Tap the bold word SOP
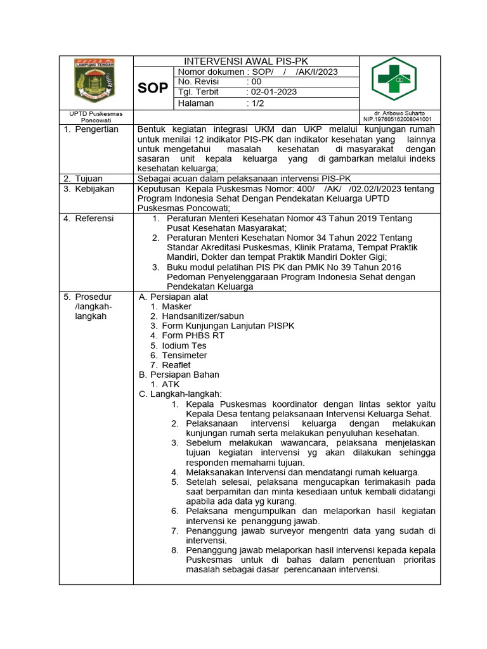[153, 88]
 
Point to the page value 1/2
[256, 103]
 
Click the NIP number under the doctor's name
[397, 119]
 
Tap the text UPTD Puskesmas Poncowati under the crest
[95, 116]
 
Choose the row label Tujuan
[89, 179]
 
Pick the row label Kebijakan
[94, 190]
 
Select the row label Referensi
[94, 219]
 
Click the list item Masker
[176, 306]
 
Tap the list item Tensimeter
[185, 356]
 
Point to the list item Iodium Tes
[184, 345]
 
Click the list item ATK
[171, 384]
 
